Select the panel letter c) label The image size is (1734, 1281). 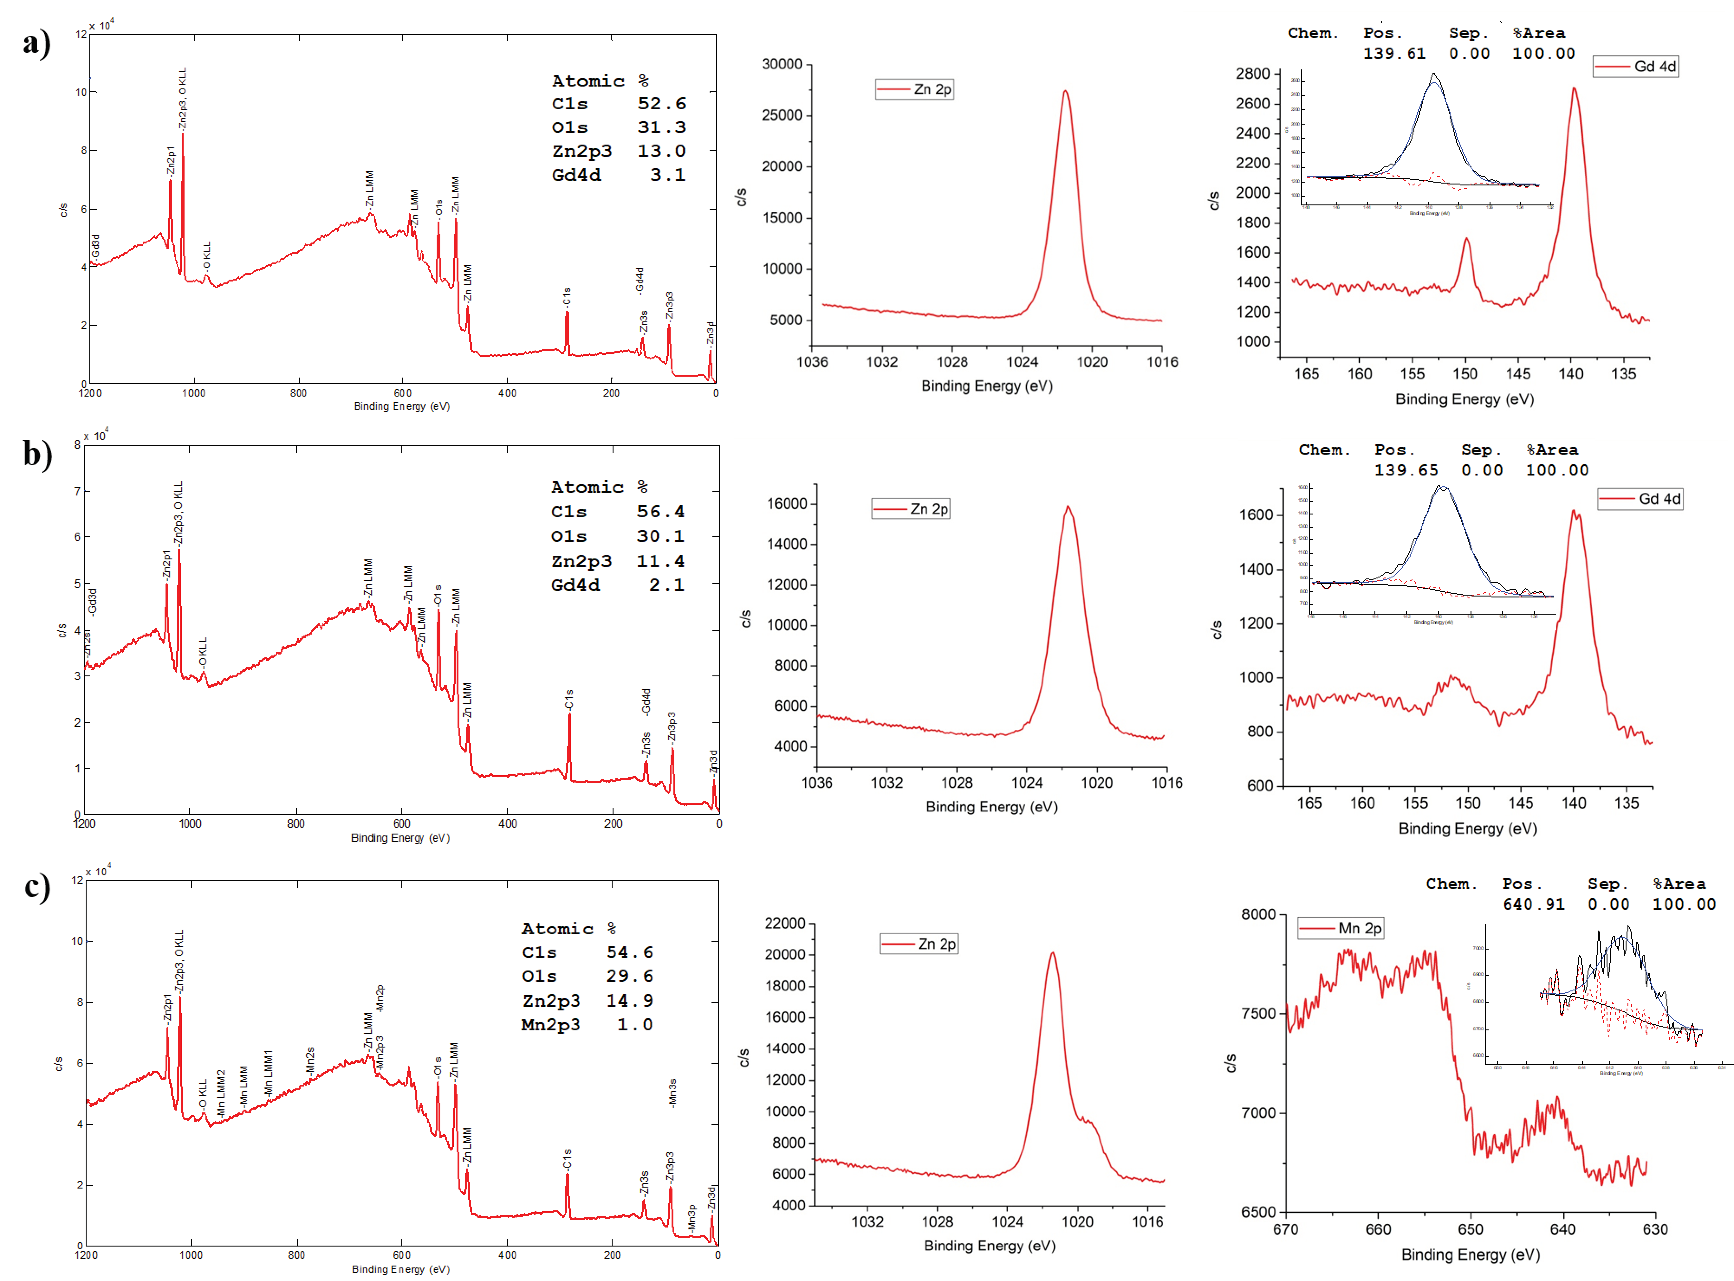coord(36,886)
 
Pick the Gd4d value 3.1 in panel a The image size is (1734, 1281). coord(668,175)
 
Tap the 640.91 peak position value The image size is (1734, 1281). coord(1533,904)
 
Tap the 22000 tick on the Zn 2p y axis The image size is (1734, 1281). coord(785,923)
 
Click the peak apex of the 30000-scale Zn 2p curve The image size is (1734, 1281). coord(1066,92)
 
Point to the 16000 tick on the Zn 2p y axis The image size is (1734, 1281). coord(787,504)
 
